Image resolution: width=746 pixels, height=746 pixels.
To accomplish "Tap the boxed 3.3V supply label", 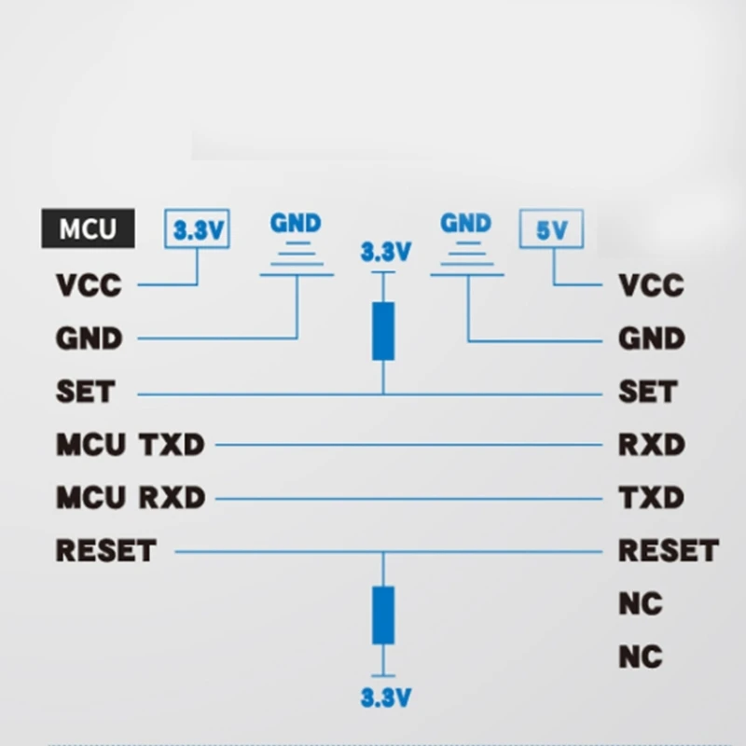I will [197, 230].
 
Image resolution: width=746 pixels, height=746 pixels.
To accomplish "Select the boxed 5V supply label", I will [551, 230].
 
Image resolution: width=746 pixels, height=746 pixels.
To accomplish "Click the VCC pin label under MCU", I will [89, 284].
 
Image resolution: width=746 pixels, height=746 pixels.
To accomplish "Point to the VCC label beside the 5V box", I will [652, 284].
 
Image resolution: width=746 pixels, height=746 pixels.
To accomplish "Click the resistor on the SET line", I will [382, 331].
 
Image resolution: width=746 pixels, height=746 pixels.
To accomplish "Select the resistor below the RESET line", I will [382, 615].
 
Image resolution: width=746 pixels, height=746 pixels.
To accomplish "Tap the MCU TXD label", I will [130, 445].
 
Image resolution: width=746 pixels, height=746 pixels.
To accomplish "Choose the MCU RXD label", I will [131, 498].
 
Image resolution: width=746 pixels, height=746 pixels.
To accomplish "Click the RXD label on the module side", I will [652, 445].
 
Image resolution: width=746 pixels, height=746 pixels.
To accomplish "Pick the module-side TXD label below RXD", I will [652, 498].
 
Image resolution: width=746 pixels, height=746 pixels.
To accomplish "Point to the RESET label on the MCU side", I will [105, 551].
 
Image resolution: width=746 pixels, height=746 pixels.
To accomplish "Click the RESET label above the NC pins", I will [668, 551].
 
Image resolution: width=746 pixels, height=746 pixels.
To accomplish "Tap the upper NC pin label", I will [641, 604].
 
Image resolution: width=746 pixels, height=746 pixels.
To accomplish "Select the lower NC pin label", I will [641, 657].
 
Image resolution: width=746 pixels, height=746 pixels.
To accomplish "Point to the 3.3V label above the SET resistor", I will [385, 252].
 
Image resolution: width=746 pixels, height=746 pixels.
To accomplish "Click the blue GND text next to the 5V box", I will [465, 224].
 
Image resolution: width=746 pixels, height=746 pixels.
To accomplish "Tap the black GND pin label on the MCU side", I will [90, 338].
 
